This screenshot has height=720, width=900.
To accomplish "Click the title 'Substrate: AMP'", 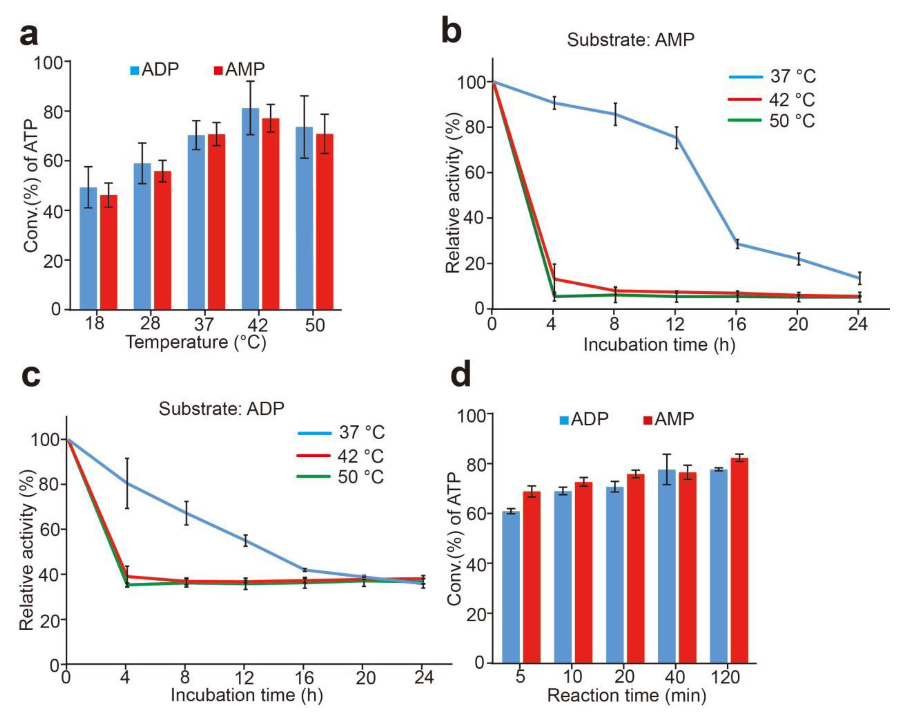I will point(630,40).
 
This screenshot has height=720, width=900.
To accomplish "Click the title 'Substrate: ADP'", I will point(221,408).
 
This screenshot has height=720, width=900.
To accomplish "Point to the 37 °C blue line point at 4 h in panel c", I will point(127,483).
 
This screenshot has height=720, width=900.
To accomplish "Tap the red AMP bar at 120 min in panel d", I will point(739,560).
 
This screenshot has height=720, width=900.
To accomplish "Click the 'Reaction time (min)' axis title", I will point(626,696).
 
